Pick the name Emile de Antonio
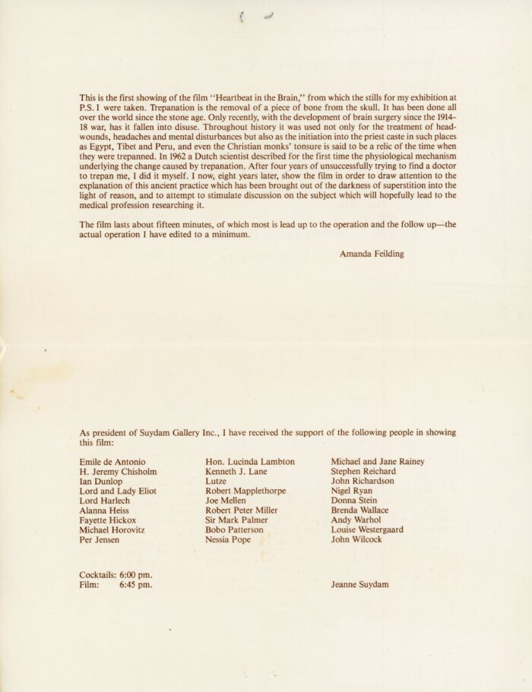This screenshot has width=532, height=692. pos(112,461)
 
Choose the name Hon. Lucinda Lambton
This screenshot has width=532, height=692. pos(250,461)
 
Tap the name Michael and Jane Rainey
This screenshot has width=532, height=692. pos(378,461)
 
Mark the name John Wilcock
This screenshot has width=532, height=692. pos(357,539)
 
